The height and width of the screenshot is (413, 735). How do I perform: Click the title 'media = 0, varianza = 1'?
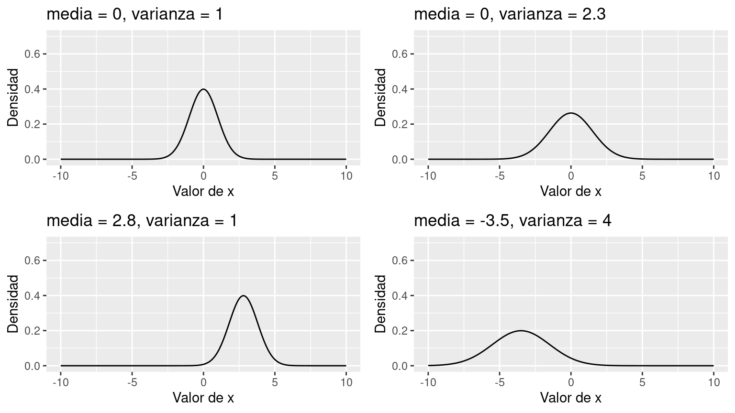tap(134, 14)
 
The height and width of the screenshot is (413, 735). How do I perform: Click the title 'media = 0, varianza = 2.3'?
tap(510, 14)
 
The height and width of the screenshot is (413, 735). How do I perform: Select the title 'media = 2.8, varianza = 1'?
tap(142, 221)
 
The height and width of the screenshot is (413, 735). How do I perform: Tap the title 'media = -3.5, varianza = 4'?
tap(512, 221)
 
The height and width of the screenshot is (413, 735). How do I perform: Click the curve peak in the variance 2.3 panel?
tap(571, 113)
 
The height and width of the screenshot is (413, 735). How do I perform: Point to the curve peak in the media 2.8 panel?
tap(244, 296)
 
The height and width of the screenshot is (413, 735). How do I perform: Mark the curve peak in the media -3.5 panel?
tap(521, 331)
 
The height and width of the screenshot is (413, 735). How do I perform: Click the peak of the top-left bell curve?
tap(203, 89)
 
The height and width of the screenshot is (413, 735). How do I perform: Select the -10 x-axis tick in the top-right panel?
tap(428, 176)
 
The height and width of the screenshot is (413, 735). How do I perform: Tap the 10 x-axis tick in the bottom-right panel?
tap(713, 382)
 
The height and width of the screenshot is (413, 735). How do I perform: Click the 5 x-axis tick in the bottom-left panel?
tap(275, 382)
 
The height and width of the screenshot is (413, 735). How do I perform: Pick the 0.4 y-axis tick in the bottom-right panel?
tap(400, 296)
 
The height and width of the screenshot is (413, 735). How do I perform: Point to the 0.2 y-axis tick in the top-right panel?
tap(400, 124)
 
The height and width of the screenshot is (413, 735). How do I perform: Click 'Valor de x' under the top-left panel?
tap(203, 192)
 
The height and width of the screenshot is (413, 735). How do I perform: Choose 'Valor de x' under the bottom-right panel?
tap(571, 398)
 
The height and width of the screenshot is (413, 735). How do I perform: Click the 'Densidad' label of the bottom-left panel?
tap(13, 304)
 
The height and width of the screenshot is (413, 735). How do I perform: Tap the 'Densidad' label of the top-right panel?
tap(381, 98)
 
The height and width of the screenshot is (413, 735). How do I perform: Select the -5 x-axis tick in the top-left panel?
tap(132, 176)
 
